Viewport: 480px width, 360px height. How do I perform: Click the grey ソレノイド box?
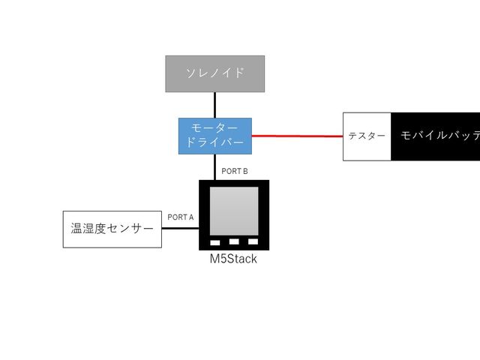click(x=215, y=73)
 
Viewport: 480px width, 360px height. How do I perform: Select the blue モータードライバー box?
click(x=215, y=136)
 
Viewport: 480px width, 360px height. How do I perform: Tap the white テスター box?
click(x=367, y=136)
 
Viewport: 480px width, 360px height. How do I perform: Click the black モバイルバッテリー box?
click(x=436, y=136)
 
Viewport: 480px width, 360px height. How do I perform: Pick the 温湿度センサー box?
click(x=112, y=229)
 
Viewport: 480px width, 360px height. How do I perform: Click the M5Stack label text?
click(x=233, y=259)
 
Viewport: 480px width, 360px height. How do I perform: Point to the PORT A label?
click(x=180, y=217)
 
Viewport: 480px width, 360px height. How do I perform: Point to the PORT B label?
click(x=234, y=172)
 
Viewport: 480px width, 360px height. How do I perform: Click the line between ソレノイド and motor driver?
click(x=215, y=105)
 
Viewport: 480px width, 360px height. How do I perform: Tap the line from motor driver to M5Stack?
click(x=215, y=166)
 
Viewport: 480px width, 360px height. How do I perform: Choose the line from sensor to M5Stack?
click(x=180, y=228)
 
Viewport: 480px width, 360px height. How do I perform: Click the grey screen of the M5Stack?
click(x=233, y=211)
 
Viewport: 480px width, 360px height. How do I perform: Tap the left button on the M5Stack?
click(x=215, y=242)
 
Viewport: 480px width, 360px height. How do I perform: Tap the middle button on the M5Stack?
click(x=234, y=242)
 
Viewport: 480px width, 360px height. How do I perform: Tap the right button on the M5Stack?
click(x=253, y=242)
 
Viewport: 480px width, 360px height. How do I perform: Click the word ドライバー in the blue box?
click(x=215, y=143)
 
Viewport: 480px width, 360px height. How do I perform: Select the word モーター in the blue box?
click(x=215, y=129)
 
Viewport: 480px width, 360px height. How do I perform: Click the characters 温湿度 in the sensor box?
click(x=87, y=229)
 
